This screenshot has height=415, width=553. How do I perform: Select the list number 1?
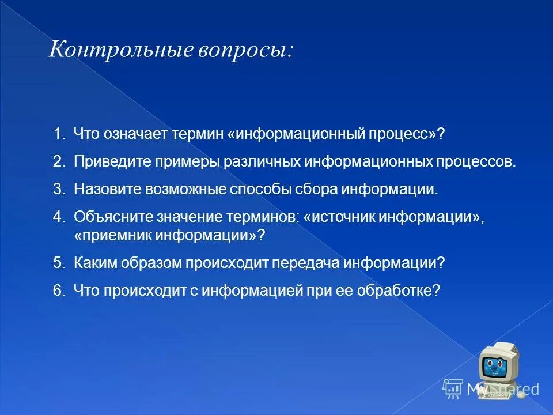point(58,134)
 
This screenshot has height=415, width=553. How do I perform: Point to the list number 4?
point(58,217)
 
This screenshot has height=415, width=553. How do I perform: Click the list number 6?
point(58,290)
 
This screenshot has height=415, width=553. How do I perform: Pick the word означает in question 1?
point(135,134)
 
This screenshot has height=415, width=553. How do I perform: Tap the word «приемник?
point(111,235)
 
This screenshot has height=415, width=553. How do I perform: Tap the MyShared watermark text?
point(502,389)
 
